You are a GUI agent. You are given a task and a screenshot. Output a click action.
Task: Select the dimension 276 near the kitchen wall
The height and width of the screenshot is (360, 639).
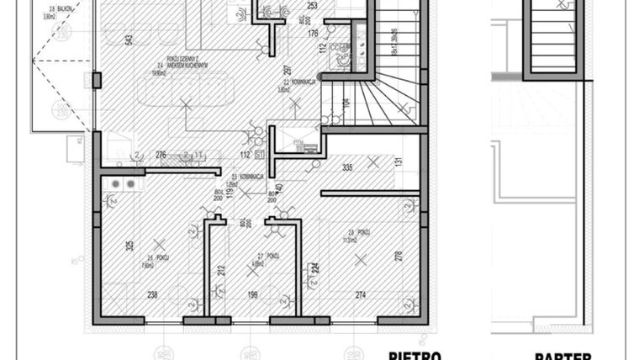[161, 155]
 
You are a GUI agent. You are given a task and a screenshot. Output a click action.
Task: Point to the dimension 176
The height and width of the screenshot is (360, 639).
[313, 34]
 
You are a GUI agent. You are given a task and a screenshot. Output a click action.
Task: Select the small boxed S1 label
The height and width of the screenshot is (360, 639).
[259, 155]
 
